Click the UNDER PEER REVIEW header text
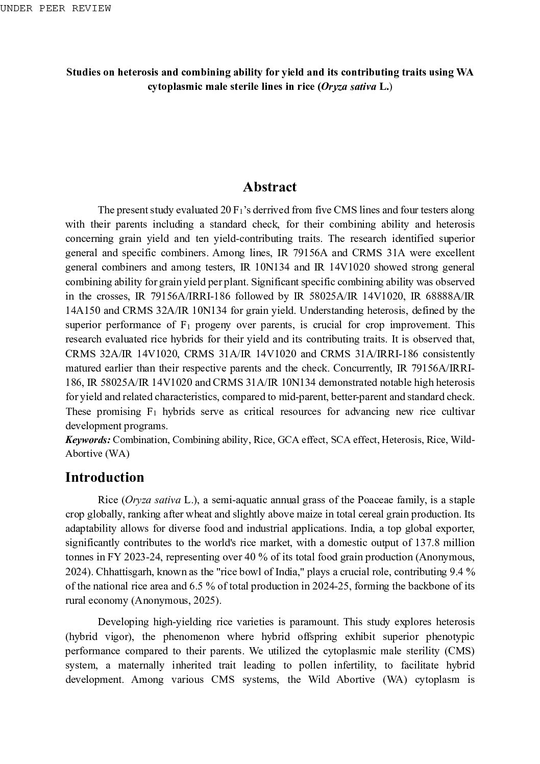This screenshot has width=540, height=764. point(56,8)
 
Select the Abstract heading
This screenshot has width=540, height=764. point(269,187)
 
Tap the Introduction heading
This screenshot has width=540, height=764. point(105,477)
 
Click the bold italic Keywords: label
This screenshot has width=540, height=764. point(88,440)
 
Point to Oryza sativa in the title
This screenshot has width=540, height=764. point(349,87)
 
